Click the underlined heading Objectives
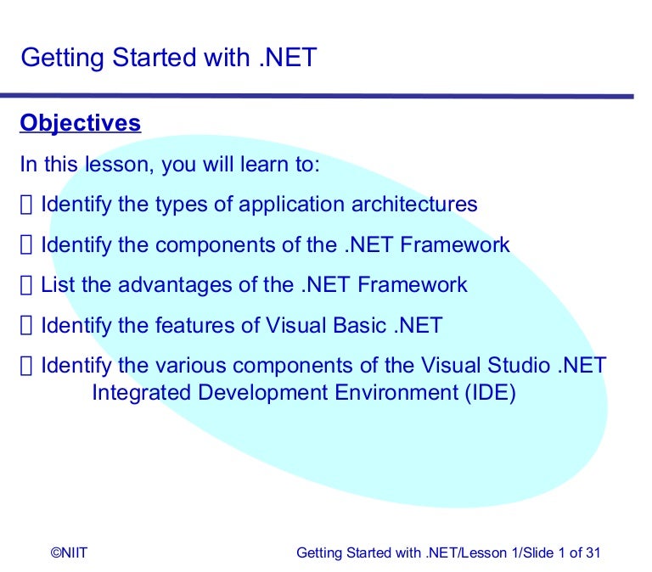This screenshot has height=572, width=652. tap(81, 123)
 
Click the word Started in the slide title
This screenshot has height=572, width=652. tap(155, 58)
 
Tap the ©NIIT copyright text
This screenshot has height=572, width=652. tap(69, 552)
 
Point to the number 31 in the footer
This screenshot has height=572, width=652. tap(593, 552)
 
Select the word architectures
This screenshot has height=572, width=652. tap(414, 205)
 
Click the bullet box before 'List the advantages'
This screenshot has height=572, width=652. tap(25, 285)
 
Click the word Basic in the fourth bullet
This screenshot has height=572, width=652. tap(360, 325)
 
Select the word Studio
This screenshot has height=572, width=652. tap(519, 366)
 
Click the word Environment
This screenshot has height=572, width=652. tap(396, 392)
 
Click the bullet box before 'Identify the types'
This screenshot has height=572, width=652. tap(25, 205)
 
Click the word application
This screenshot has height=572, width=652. tap(291, 205)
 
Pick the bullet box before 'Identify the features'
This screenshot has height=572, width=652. tap(25, 326)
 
